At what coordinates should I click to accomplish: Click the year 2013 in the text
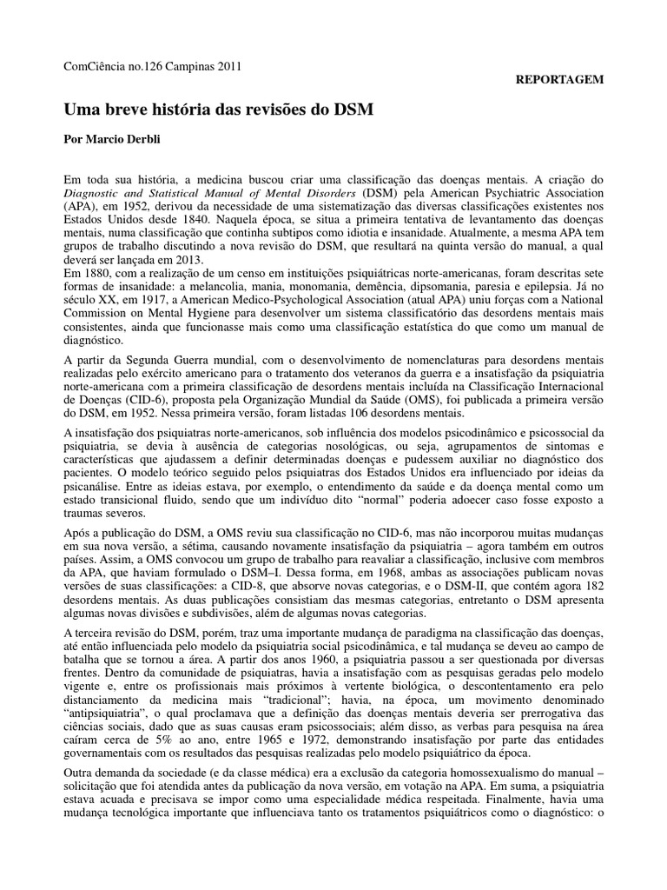tap(188, 261)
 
